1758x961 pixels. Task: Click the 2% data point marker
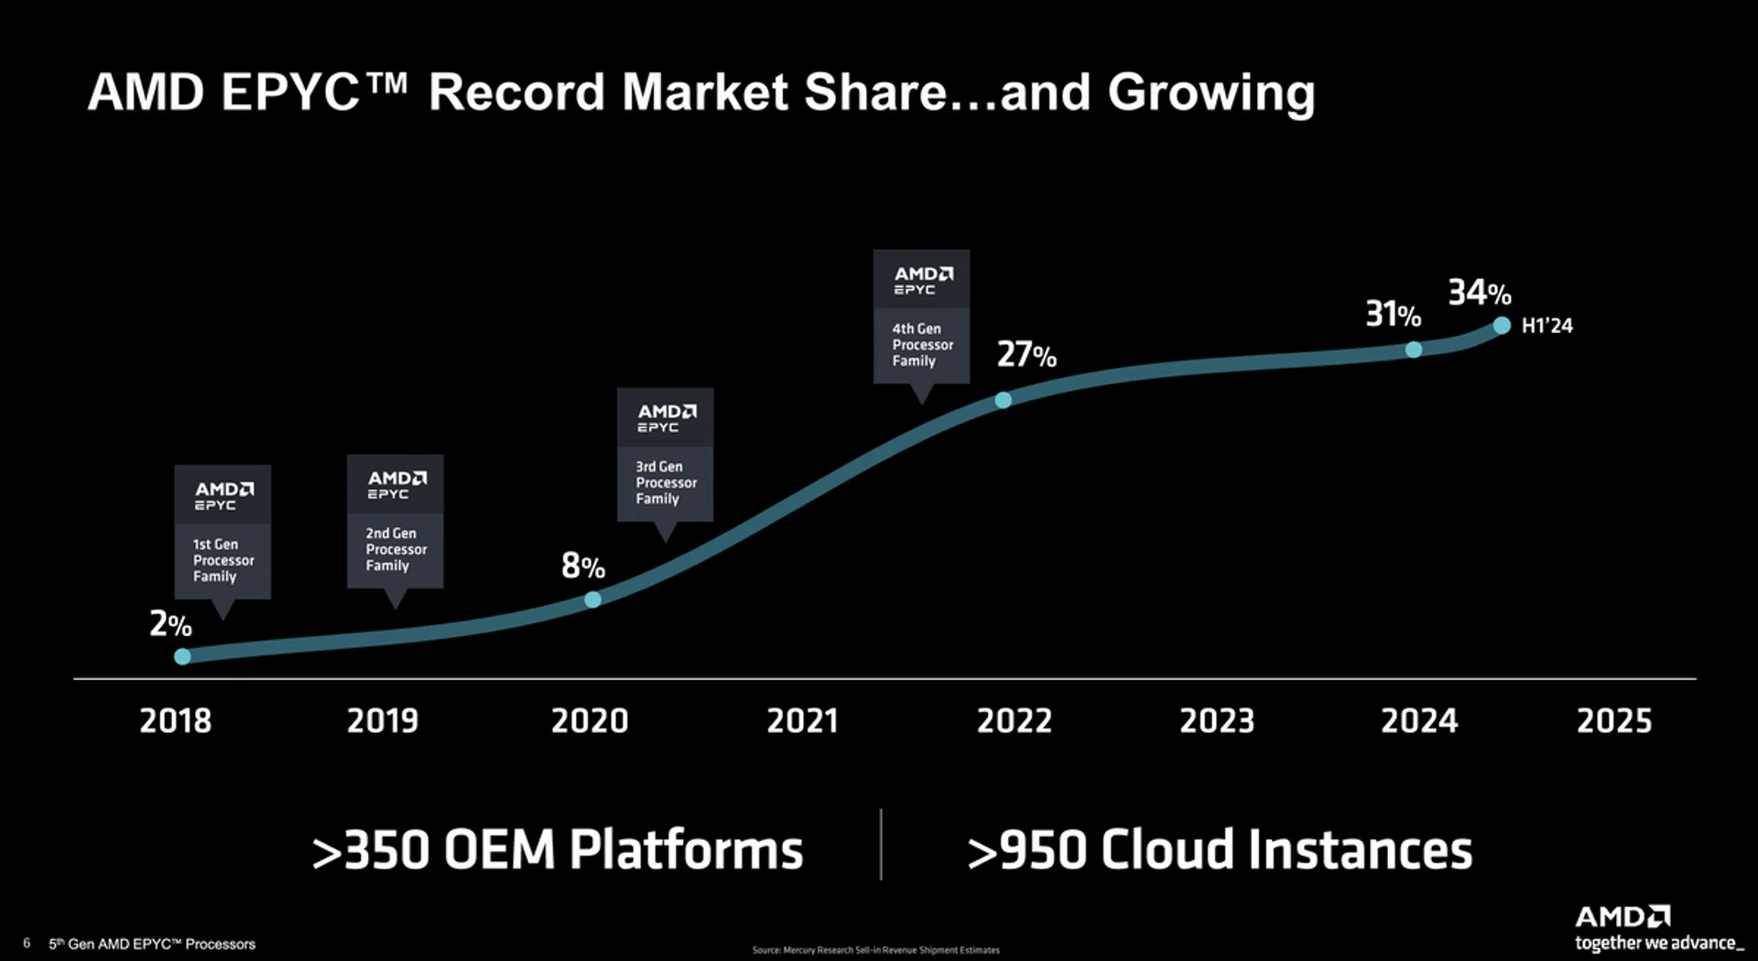tap(182, 656)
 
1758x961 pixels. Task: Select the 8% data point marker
tap(592, 599)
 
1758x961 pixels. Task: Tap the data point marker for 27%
tap(1004, 400)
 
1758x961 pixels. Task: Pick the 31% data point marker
tap(1414, 350)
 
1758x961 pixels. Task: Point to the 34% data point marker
tap(1502, 325)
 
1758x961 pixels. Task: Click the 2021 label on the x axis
tap(802, 721)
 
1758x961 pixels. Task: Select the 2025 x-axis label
tap(1614, 721)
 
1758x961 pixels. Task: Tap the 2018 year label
tap(175, 721)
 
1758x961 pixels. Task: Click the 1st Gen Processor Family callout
tap(222, 533)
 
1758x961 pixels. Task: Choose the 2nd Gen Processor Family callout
tap(395, 522)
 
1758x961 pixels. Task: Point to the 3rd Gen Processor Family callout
tap(665, 455)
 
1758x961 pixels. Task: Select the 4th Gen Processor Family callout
tap(921, 317)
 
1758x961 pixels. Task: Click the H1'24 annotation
tap(1546, 326)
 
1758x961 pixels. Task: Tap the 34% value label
tap(1479, 293)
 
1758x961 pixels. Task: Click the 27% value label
tap(1026, 354)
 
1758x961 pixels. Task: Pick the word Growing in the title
tap(1210, 92)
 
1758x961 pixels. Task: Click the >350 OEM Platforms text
tap(558, 849)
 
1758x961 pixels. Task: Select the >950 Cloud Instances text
tap(1220, 849)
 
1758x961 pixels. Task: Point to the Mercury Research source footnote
tap(875, 950)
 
